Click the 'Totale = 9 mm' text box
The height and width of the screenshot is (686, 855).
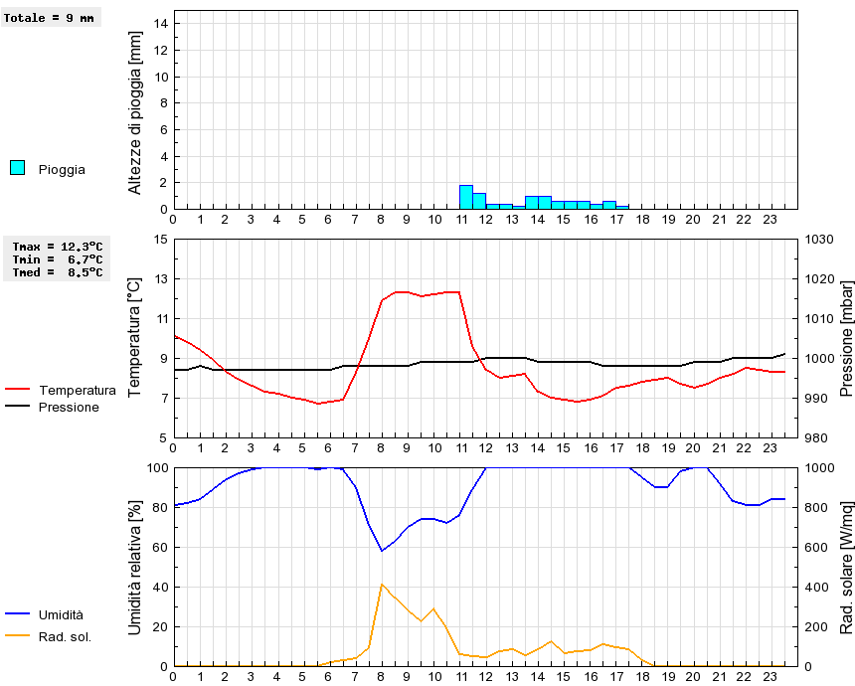point(52,18)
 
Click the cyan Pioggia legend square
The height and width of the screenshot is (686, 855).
point(17,168)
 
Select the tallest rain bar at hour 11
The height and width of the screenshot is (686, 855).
point(465,197)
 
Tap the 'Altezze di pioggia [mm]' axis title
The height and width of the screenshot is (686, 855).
point(136,111)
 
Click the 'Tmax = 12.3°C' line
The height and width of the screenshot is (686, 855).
point(58,246)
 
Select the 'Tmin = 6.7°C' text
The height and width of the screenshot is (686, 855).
point(58,258)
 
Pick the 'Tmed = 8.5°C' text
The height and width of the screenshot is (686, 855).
point(58,271)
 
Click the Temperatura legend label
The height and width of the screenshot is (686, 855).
point(77,390)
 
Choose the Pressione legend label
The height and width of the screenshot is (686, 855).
point(69,407)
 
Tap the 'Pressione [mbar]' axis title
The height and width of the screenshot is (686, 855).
point(847,338)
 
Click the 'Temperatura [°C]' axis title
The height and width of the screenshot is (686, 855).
point(136,338)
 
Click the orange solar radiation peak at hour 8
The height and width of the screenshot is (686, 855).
point(382,585)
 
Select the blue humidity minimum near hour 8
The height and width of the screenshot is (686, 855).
point(382,550)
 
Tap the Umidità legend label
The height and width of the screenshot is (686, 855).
point(61,615)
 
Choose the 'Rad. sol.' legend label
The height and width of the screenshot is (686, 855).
point(65,636)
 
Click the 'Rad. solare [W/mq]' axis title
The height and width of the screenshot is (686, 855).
point(847,567)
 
